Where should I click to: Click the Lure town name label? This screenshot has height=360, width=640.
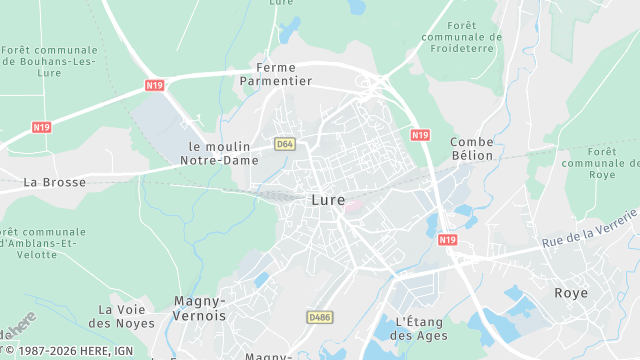point(329,199)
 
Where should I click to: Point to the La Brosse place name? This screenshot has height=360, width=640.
point(54,182)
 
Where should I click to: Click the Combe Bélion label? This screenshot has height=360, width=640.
point(472,148)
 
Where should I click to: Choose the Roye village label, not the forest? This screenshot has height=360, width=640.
point(571,293)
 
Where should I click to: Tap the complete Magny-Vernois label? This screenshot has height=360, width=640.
point(200,308)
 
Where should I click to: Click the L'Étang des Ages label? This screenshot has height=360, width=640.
point(418,328)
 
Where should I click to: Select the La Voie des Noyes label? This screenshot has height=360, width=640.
point(127,316)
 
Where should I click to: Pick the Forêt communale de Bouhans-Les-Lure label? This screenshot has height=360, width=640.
point(50,60)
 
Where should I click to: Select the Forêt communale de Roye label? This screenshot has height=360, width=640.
point(602,163)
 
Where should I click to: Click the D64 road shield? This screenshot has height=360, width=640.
point(285,144)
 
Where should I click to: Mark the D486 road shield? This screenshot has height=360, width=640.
point(319,317)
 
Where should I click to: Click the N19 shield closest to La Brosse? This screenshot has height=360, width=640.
point(41,127)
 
